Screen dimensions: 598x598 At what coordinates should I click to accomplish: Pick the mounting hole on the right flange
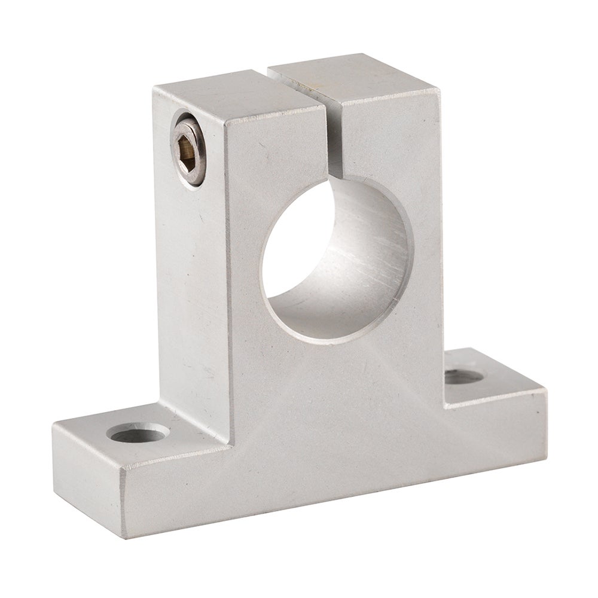466,377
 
